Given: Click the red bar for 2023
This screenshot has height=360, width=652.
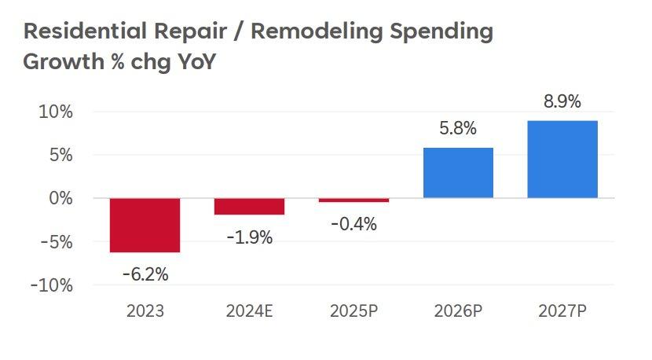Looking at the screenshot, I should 145,225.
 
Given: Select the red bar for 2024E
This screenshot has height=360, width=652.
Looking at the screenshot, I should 249,207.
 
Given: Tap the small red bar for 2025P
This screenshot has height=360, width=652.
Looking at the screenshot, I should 353,200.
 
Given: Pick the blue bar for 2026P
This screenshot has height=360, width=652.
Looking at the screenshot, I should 458,173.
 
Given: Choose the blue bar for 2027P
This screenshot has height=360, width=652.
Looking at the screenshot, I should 562,160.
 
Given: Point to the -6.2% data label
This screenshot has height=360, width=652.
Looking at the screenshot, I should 145,274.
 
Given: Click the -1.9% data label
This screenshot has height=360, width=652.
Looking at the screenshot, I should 249,237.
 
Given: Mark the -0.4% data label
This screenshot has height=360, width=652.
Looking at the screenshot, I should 353,224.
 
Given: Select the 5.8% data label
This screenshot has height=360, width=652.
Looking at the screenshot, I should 458,129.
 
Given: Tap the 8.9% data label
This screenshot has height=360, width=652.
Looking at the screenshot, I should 562,101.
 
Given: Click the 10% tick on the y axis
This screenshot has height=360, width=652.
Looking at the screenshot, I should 56,112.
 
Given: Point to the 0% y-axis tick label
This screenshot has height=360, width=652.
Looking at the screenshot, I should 61,198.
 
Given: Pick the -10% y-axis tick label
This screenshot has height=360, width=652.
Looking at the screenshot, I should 52,285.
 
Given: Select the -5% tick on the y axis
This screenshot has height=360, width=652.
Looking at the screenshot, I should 56,242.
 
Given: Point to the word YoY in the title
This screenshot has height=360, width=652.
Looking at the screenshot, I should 192,62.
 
